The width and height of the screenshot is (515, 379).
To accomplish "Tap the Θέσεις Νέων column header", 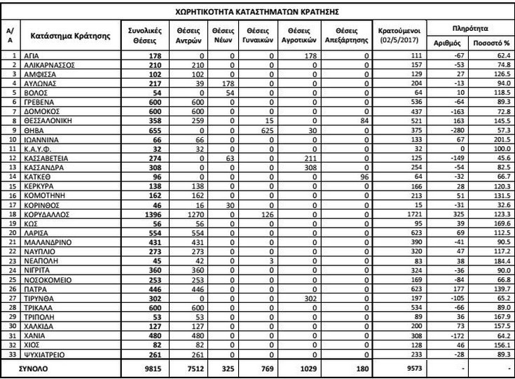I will coord(222,35).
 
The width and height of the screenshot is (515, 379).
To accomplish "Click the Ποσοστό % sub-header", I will coord(486,42).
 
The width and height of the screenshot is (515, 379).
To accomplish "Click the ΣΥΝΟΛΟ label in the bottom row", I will coord(36,366).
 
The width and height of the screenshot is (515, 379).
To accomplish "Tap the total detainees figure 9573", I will coord(398,366).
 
